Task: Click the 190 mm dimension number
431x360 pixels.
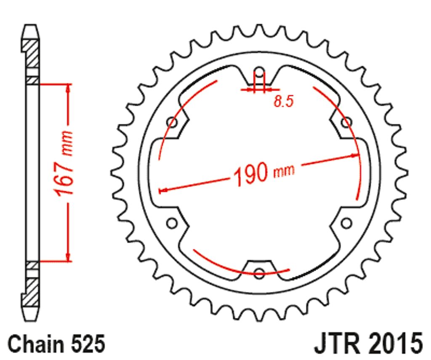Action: pyautogui.click(x=251, y=174)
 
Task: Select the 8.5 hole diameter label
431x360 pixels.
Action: pyautogui.click(x=284, y=101)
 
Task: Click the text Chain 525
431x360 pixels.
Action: pyautogui.click(x=56, y=344)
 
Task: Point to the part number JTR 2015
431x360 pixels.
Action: pyautogui.click(x=368, y=344)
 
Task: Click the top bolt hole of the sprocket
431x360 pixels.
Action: pyautogui.click(x=259, y=73)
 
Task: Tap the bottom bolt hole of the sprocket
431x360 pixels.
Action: pyautogui.click(x=259, y=273)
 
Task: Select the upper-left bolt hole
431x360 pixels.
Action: pyautogui.click(x=172, y=123)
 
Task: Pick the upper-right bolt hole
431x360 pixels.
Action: pyautogui.click(x=346, y=123)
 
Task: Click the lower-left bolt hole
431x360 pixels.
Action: pyautogui.click(x=172, y=223)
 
